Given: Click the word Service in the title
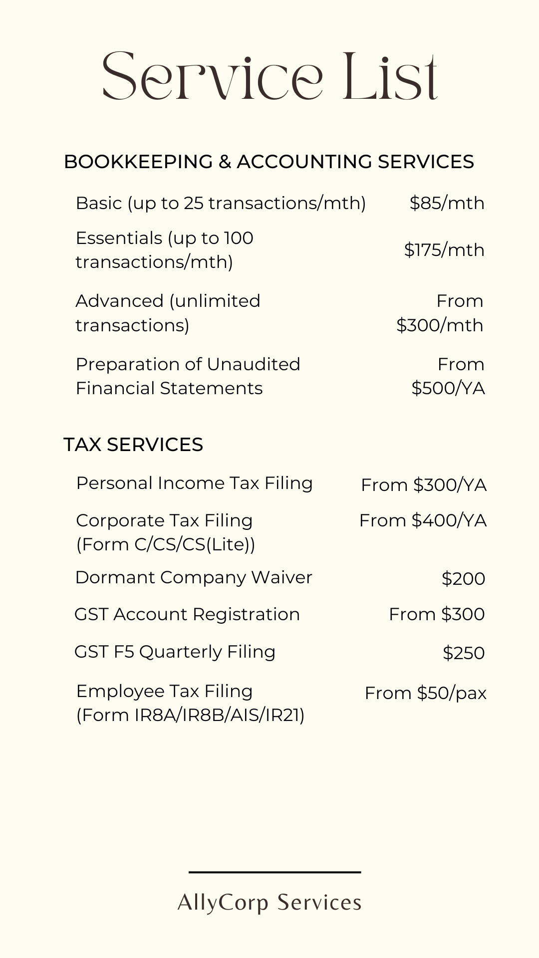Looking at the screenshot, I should pos(212,76).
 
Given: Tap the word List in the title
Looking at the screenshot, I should pos(390,76).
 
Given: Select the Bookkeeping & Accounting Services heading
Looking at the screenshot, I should pos(269,162).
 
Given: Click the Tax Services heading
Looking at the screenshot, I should pos(133,445).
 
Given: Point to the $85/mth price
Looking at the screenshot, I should pos(447,203).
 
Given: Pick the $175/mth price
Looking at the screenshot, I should pos(444,249).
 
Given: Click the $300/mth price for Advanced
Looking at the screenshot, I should pos(440,325).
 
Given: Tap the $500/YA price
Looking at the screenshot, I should pos(448,388).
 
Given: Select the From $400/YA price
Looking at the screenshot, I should pos(423,520).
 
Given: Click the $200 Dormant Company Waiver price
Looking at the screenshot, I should pos(463,579).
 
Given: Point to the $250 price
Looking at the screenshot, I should pos(464,653).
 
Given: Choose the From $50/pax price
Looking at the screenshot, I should pos(425,693).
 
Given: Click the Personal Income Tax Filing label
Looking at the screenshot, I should pos(194,483).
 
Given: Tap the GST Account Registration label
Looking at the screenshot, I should pos(187,614).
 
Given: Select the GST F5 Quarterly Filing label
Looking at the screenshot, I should pos(175,652).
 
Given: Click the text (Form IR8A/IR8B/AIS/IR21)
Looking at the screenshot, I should pos(190,715).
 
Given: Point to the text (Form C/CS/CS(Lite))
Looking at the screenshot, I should pos(165,544).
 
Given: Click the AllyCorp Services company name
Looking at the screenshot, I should pos(269,903).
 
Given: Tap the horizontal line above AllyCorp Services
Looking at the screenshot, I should pos(274,872).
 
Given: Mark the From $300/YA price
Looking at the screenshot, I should pos(424,484).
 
